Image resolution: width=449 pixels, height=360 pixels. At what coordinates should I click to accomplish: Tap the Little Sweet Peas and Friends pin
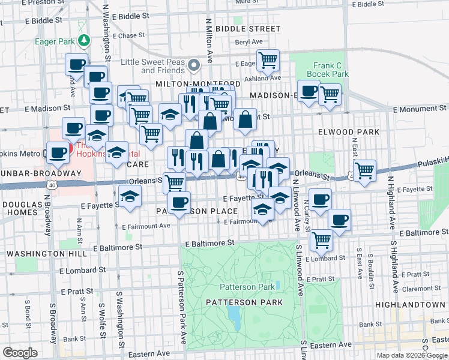point(194,65)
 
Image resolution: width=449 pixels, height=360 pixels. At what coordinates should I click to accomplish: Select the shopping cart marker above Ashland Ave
point(268,60)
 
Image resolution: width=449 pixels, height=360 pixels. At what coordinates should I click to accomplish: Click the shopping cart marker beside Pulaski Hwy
point(364,170)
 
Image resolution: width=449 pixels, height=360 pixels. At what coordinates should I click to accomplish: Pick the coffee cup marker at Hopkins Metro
point(58,152)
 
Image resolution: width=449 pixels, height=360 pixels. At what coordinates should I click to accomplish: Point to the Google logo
point(20,353)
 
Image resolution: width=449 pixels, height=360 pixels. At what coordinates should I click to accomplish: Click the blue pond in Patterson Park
point(234,318)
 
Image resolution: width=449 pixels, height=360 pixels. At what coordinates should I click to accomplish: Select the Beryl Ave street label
point(249,41)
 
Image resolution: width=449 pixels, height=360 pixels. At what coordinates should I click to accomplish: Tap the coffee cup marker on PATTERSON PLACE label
point(178,202)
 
